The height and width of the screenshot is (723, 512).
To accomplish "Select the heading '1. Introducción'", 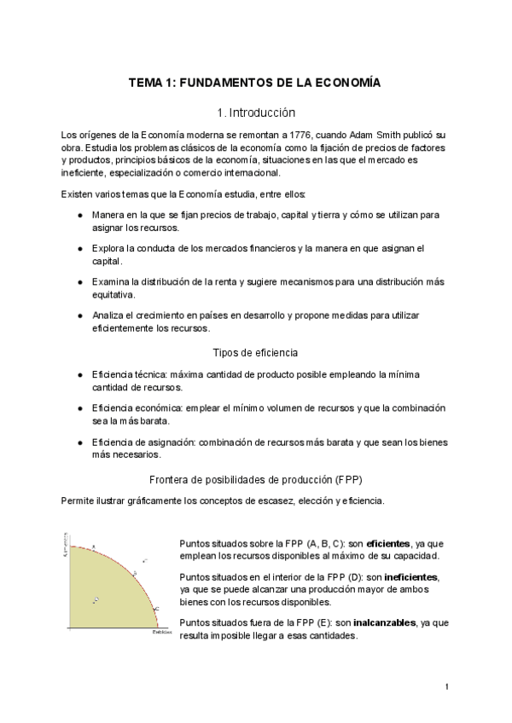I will (256, 112).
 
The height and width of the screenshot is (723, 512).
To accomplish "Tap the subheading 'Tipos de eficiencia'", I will (255, 352).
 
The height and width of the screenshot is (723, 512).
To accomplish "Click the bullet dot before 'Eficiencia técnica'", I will (79, 375).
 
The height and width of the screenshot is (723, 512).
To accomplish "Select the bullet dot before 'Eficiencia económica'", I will (79, 408).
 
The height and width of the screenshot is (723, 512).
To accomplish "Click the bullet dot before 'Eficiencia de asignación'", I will (79, 442).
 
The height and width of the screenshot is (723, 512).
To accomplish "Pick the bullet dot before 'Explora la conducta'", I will (79, 248).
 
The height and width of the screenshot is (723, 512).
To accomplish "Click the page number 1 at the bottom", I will (447, 685).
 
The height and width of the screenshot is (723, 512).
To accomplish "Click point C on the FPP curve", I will (156, 608).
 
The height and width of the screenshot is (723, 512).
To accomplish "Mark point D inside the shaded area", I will (96, 599).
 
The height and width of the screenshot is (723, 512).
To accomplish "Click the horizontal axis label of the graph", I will (161, 633).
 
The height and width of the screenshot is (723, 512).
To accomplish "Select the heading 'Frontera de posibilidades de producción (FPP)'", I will (256, 478).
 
